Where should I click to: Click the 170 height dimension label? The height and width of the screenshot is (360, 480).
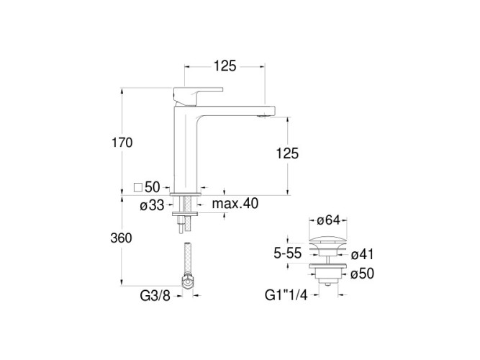point(122,143)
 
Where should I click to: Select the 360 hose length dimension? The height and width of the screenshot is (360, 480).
point(121,238)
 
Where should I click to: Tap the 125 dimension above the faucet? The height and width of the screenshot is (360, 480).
point(225,66)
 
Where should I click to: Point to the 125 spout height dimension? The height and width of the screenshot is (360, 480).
point(287,153)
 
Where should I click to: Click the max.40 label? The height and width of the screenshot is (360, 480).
point(235,203)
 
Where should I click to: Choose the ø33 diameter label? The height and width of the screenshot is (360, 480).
point(152,205)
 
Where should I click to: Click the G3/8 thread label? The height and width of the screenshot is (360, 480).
point(155,296)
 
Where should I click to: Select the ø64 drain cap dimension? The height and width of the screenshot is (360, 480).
point(328,220)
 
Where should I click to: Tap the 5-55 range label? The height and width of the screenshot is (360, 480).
point(288,253)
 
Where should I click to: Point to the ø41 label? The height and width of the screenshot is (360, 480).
point(362,254)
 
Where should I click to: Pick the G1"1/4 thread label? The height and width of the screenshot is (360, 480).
point(286,295)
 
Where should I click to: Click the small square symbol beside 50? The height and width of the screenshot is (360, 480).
point(138,187)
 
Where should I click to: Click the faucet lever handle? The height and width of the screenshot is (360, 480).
point(198,95)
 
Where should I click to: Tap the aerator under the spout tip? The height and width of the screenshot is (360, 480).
point(262,116)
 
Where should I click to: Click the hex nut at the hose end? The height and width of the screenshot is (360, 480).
point(187,282)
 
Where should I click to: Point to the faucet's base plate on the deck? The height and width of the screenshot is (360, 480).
point(185,194)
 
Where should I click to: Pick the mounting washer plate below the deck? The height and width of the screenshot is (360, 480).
point(185,214)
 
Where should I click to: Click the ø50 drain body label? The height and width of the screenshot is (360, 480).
point(362,274)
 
